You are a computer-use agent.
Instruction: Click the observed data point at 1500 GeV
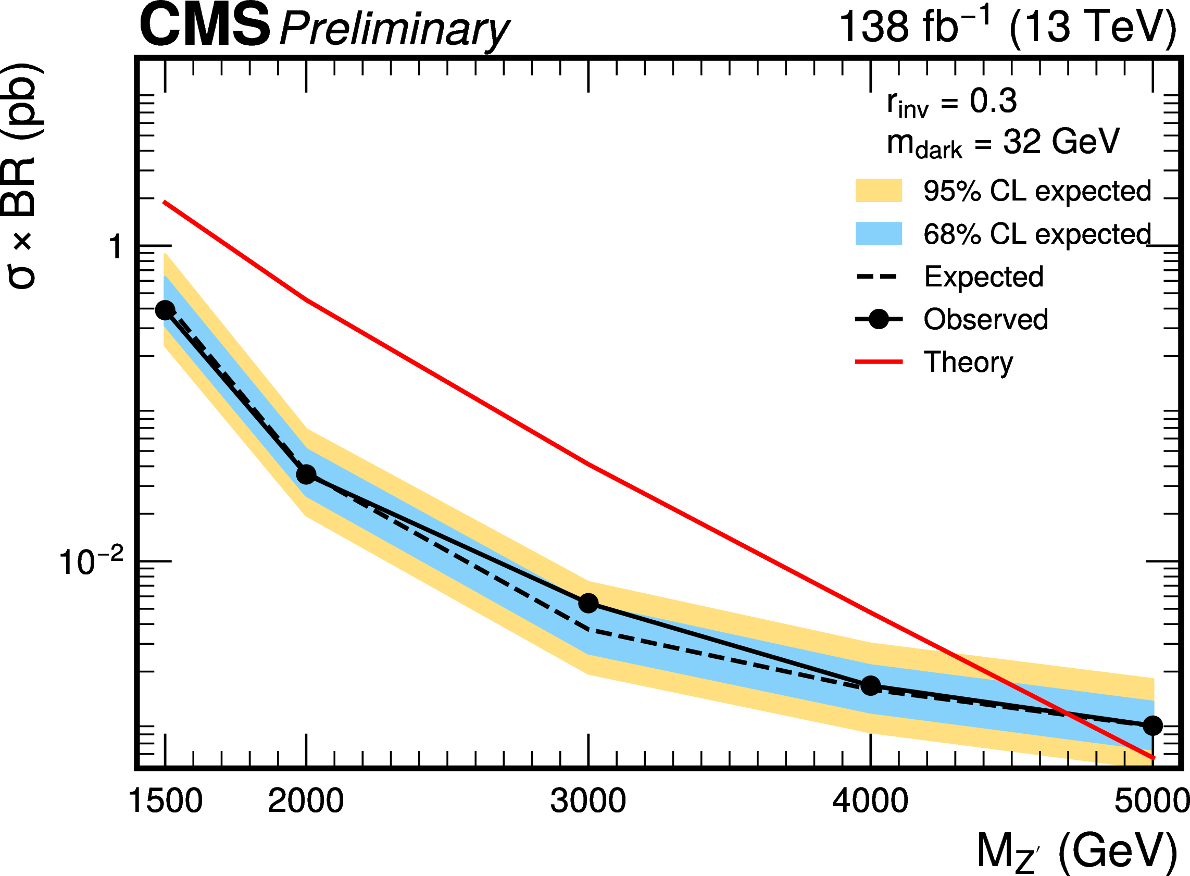[x=165, y=310]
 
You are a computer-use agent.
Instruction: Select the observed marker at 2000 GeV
[x=306, y=474]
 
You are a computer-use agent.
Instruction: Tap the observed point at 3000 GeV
[x=588, y=603]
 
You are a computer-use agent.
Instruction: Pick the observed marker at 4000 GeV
[x=870, y=685]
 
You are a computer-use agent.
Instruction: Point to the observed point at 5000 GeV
[x=1153, y=725]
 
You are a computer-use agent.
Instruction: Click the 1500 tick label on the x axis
[x=165, y=800]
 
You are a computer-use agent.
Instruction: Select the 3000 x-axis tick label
[x=588, y=800]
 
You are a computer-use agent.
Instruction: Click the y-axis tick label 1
[x=115, y=247]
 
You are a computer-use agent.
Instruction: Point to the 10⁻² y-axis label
[x=91, y=562]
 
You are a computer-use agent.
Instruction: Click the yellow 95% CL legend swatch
[x=879, y=191]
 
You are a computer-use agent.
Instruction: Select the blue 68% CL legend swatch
[x=879, y=234]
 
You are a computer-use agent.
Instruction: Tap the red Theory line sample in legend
[x=879, y=361]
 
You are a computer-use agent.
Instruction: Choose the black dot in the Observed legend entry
[x=879, y=319]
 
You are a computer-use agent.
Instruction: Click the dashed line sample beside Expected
[x=879, y=277]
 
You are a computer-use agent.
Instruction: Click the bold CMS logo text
[x=205, y=26]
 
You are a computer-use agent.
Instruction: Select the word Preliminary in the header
[x=395, y=31]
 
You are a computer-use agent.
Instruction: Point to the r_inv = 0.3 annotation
[x=951, y=103]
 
